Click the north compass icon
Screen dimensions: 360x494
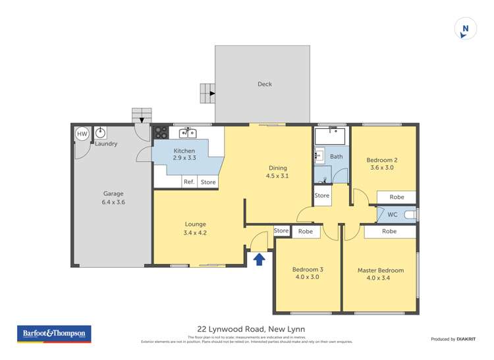[x=466, y=28]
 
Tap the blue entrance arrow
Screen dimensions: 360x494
[x=260, y=259]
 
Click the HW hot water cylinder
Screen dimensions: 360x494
[x=82, y=134]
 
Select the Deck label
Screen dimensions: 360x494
[x=264, y=84]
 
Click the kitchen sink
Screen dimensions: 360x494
[x=188, y=133]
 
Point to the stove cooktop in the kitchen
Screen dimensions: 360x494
[x=161, y=132]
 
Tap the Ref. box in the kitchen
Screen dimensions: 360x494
[x=188, y=182]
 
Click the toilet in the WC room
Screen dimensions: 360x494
[x=410, y=215]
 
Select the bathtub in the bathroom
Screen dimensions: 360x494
[x=331, y=136]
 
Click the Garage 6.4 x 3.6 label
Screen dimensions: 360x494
[x=113, y=198]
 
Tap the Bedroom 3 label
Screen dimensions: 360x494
[x=307, y=273]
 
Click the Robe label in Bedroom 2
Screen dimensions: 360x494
[x=396, y=197]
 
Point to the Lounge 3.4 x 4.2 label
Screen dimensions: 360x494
[x=195, y=228]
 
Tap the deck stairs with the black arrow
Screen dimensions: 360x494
[x=208, y=93]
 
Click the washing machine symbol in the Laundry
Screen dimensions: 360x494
[x=101, y=132]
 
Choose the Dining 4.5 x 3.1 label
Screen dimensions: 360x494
[x=277, y=172]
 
